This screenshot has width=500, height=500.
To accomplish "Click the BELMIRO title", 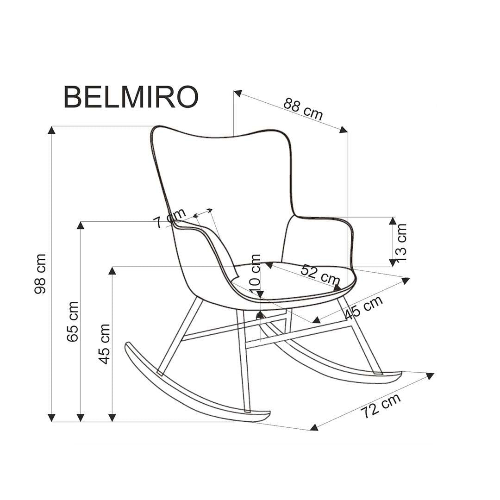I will (131, 97).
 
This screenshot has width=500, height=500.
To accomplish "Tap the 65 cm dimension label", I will (73, 321).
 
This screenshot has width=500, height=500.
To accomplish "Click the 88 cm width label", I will (303, 109).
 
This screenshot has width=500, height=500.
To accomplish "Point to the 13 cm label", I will (401, 242).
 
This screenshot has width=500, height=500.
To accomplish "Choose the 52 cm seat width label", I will (320, 275).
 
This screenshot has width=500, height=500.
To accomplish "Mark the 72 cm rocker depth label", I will (381, 406).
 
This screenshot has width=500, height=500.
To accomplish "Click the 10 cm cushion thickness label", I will (256, 273).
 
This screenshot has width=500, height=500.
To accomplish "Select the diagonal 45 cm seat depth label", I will (364, 307).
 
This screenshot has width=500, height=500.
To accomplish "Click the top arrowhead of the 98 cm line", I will (52, 130).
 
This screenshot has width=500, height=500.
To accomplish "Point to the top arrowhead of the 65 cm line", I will (81, 225).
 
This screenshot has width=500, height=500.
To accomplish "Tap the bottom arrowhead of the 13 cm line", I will (393, 262).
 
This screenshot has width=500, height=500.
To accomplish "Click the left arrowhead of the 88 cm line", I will (238, 93).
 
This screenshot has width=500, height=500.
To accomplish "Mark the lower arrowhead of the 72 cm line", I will (314, 427).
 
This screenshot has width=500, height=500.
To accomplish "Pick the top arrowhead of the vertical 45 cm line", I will (112, 270).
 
